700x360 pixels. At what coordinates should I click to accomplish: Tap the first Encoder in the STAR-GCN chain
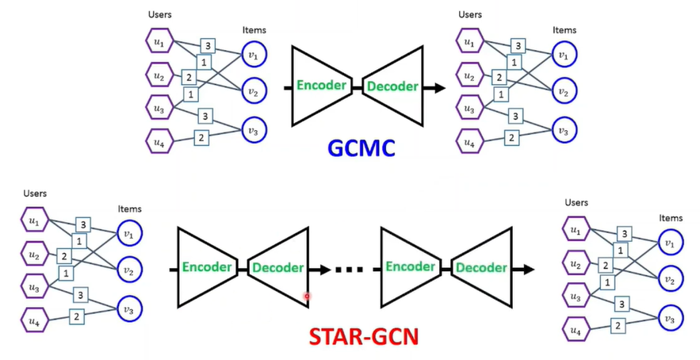(x=209, y=267)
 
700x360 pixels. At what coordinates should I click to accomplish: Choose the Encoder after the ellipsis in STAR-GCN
(x=411, y=267)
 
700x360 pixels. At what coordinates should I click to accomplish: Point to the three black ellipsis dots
(x=348, y=270)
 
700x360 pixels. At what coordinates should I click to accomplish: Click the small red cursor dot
(x=307, y=297)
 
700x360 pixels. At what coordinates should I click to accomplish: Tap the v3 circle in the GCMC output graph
(x=564, y=130)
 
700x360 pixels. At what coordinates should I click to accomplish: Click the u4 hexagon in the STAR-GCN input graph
(x=34, y=321)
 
